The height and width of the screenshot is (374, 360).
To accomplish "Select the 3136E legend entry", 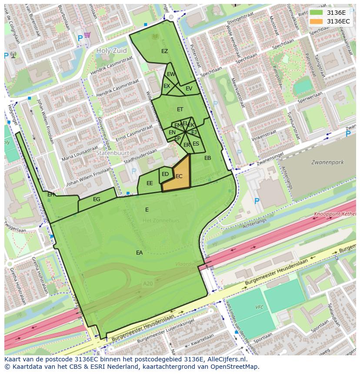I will click(330, 13).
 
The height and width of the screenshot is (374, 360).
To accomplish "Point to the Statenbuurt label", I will click(113, 154).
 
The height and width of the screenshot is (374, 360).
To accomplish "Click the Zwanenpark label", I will click(327, 162).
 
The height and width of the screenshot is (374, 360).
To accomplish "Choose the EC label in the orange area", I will click(179, 176).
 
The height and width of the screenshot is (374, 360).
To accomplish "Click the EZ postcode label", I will click(164, 51).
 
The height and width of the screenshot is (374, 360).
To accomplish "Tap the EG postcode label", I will click(97, 199).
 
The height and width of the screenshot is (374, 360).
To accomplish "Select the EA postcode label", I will click(139, 252).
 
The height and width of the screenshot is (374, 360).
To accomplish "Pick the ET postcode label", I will click(180, 109).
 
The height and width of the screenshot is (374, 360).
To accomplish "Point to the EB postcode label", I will click(207, 158).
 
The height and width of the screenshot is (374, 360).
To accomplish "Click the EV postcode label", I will click(189, 89).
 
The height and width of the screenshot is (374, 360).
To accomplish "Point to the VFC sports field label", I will click(259, 307).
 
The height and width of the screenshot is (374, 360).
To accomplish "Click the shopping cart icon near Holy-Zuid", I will click(87, 35).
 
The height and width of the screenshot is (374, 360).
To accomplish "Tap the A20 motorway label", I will click(148, 283).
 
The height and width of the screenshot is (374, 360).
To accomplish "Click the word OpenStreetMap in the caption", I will click(235, 367).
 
